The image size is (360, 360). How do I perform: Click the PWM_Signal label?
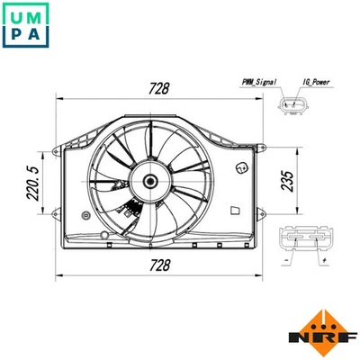click(260, 82)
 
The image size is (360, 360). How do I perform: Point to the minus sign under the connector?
click(286, 264)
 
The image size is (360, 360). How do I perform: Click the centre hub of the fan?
click(149, 181)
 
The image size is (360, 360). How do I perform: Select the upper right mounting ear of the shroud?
click(255, 145)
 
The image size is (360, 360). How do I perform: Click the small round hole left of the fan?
click(84, 215)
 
